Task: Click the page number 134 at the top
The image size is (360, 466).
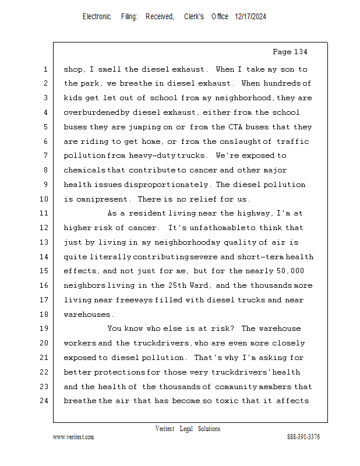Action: [299, 52]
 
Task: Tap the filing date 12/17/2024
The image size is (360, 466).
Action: [250, 17]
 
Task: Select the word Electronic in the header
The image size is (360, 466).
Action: [97, 17]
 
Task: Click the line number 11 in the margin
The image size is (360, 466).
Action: [44, 214]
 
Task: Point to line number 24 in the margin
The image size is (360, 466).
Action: [44, 401]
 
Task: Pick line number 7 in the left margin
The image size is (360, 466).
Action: [45, 156]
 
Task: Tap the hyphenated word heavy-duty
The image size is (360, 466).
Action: [141, 156]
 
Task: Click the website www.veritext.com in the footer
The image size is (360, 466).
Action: [73, 437]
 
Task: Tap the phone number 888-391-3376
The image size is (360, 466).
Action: [303, 437]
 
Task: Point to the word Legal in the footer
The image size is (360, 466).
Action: [185, 429]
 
